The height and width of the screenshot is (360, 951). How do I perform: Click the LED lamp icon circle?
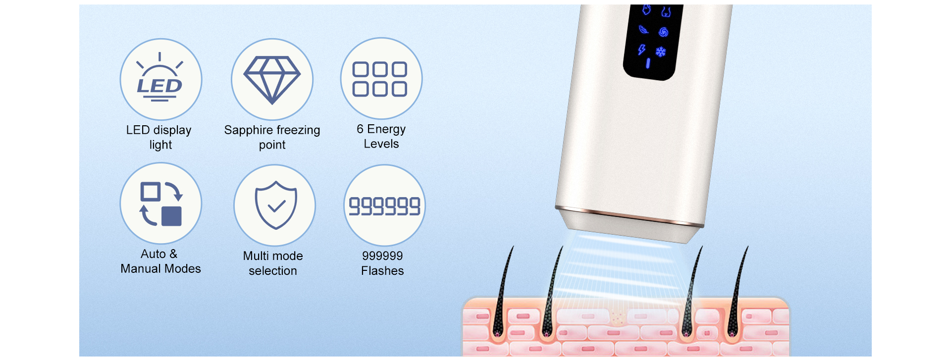coord(161,79)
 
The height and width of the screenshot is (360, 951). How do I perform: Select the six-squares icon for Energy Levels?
coord(380,79)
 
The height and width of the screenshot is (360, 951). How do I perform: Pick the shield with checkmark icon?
coord(276,205)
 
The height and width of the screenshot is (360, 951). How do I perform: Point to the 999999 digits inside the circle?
coord(384,206)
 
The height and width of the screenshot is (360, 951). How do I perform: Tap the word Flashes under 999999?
coord(382,271)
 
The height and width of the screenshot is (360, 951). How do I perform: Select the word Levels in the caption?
coord(381,144)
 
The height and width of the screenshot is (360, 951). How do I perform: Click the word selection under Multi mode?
coord(273,271)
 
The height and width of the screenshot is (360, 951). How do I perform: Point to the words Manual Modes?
coord(161,269)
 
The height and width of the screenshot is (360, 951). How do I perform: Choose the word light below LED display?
coord(161,145)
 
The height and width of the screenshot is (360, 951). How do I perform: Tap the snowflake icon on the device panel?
coord(661,52)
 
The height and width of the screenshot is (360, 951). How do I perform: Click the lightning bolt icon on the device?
coord(642,50)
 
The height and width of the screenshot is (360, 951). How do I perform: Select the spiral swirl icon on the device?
coord(664,32)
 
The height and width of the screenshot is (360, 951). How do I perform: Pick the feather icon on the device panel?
coord(643,29)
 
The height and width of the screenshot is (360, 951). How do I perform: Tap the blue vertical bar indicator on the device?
coord(648,63)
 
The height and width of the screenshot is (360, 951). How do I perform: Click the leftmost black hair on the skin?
coord(502,292)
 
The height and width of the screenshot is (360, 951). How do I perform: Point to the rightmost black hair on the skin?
coord(737,292)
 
